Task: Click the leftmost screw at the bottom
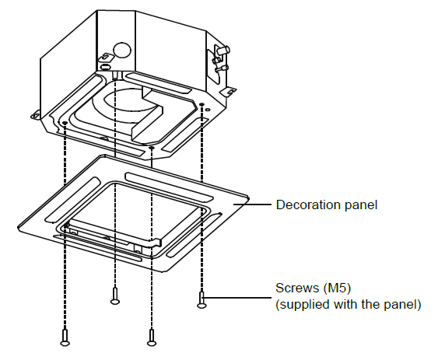point(65,337)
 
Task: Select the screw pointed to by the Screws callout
point(201,300)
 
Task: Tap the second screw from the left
point(114,296)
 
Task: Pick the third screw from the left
point(152,337)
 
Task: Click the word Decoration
point(309,204)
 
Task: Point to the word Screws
point(297,288)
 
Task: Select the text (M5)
point(337,288)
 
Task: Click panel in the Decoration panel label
point(361,204)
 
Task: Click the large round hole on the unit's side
point(122,51)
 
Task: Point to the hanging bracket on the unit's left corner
point(35,115)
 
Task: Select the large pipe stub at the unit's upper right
point(223,50)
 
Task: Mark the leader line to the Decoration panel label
point(252,204)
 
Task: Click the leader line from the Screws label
point(237,298)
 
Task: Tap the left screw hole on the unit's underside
point(65,123)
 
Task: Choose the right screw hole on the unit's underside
point(201,104)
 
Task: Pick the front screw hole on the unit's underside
point(152,148)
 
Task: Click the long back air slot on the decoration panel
point(169,186)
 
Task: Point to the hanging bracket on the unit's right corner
point(228,91)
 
